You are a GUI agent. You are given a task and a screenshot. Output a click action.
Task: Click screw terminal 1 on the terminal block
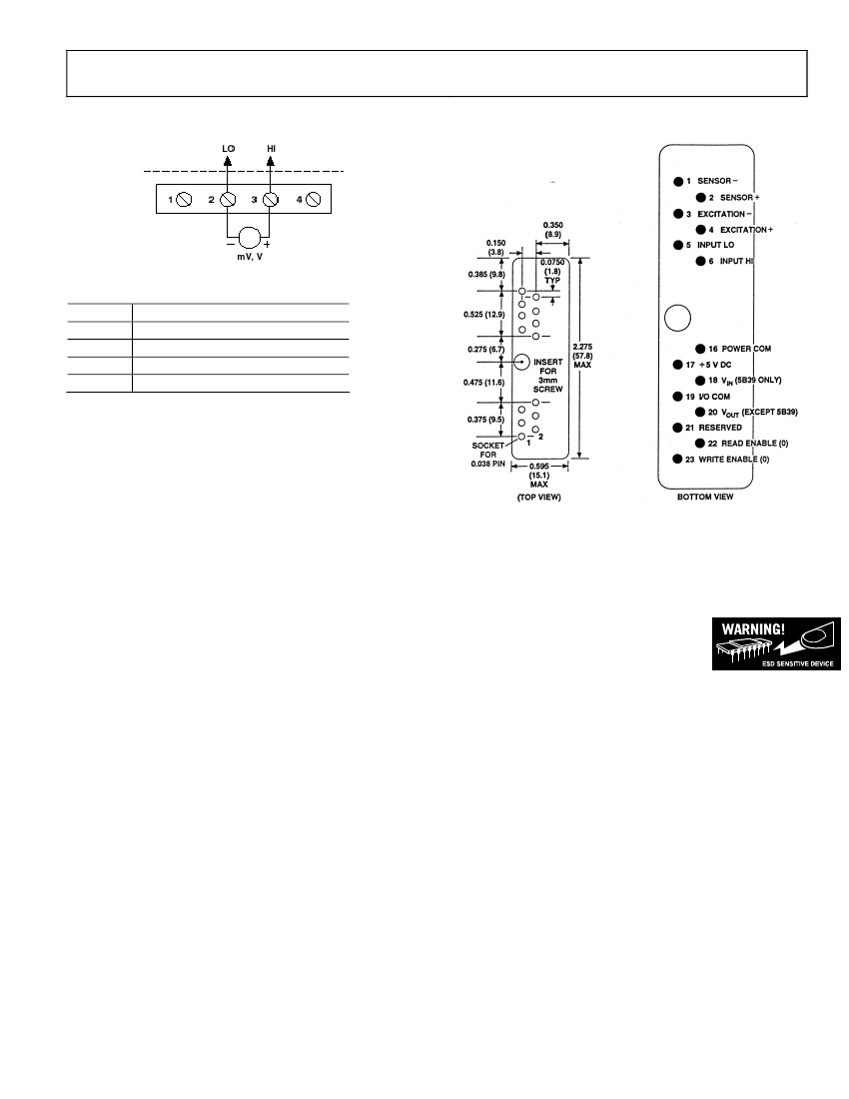coord(184,200)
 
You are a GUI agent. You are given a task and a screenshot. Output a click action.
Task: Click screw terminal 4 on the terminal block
coord(313,200)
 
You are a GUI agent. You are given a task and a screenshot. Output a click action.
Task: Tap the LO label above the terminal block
coord(229,149)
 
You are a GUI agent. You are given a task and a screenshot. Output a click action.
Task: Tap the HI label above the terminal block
coord(271,149)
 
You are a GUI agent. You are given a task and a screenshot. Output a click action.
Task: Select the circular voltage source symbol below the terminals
coord(250,238)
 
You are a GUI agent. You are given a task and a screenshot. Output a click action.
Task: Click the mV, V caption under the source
coord(250,257)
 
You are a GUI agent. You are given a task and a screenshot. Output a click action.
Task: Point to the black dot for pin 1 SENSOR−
coord(678,182)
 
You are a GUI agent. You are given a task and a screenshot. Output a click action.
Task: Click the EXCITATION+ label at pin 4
coord(747,230)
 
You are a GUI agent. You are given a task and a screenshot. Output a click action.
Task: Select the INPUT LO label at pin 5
coord(716,246)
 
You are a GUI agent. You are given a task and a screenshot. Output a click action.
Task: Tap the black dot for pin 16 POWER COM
coord(700,349)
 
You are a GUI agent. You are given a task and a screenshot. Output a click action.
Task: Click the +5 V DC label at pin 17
coord(715,365)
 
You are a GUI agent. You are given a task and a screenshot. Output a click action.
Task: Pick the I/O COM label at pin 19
coord(714,397)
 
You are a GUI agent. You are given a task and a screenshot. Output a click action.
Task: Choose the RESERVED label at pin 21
coord(720,428)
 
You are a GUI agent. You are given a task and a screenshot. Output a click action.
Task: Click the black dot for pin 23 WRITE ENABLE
coord(677,460)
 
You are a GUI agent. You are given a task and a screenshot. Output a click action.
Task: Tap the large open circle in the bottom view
coord(677,318)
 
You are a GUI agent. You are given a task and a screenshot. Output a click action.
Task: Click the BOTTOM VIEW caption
coord(705,497)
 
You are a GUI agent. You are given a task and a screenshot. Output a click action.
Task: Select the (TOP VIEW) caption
coord(539,498)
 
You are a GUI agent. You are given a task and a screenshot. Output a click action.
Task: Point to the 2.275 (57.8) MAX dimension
coord(582,356)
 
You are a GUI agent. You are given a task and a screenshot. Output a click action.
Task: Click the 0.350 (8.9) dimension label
coord(553,230)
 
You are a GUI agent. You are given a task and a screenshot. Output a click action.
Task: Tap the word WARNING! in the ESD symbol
coord(754,628)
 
